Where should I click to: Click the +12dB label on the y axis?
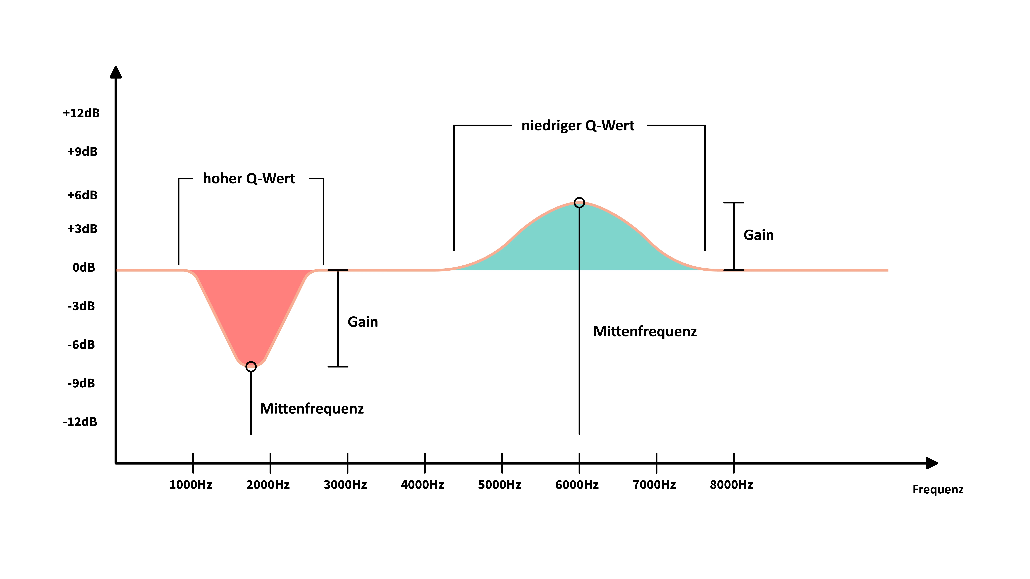point(81,113)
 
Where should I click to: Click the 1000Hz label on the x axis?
point(191,485)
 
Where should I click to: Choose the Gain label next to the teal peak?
point(758,235)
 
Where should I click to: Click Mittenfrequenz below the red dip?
point(312,409)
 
